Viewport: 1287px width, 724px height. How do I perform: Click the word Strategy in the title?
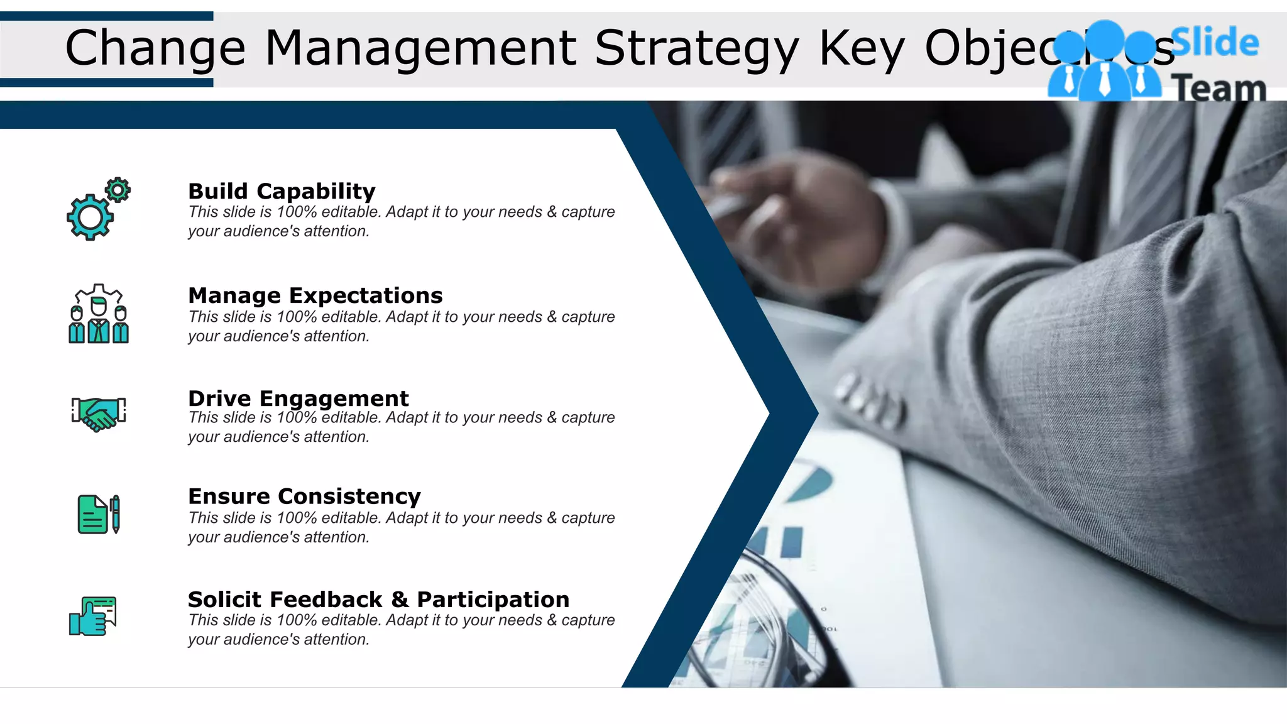696,49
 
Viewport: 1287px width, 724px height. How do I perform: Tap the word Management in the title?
420,49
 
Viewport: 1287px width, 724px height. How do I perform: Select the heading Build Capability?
282,191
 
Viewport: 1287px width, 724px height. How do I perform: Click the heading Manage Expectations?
315,295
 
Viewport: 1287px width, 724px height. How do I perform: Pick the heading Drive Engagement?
298,398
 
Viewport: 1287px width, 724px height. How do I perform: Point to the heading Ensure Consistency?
304,496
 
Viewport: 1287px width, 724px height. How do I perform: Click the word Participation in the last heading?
493,600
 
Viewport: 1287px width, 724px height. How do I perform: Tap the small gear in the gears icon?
118,190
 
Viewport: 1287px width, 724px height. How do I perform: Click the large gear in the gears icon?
90,217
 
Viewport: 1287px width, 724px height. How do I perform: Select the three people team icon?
99,314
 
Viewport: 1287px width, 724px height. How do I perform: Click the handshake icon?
99,413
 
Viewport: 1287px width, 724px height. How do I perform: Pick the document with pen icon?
99,514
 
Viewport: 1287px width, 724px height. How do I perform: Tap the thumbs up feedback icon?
94,616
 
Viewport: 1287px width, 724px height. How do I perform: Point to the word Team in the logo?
1218,88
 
